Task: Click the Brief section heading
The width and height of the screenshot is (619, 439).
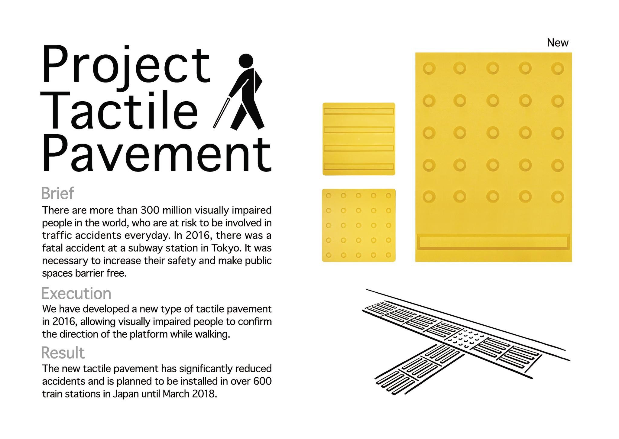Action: tap(57, 193)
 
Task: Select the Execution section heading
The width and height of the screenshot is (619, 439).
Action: tap(76, 293)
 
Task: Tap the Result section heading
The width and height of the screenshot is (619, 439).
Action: tap(63, 353)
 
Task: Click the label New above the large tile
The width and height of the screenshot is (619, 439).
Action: tap(558, 43)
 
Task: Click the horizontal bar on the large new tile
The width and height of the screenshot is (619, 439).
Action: tap(493, 242)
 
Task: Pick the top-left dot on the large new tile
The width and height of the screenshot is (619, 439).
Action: tap(429, 68)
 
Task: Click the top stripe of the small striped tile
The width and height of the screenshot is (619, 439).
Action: tap(358, 111)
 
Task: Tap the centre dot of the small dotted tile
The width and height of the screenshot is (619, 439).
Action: tap(358, 225)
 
